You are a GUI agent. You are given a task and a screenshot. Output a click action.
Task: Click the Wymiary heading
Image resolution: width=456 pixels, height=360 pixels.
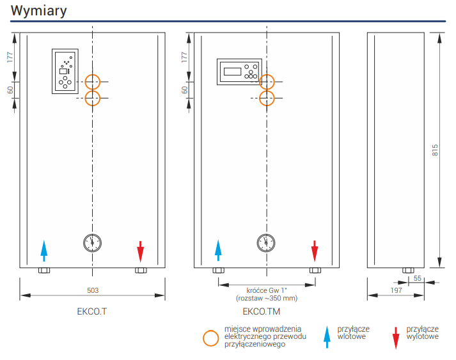[39, 11]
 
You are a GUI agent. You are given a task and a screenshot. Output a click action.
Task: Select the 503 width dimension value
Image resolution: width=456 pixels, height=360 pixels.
[93, 290]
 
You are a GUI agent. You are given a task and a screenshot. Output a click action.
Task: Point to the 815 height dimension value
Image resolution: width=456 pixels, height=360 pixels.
[435, 151]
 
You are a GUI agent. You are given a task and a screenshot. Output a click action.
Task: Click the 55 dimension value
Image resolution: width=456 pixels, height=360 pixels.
[418, 279]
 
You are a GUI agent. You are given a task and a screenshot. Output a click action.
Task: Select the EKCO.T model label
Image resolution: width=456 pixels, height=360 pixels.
[91, 312]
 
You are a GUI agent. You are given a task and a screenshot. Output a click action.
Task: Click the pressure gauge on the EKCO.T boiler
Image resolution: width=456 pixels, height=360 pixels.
[92, 243]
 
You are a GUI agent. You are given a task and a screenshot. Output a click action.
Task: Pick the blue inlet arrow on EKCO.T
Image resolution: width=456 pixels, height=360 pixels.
[43, 250]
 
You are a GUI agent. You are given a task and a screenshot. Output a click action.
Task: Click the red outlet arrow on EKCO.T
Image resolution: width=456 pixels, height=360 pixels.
[141, 250]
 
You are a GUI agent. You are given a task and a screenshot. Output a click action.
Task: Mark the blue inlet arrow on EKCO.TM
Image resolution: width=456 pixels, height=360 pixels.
[217, 250]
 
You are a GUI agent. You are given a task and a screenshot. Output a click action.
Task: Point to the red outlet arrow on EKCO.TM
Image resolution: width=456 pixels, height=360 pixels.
[314, 250]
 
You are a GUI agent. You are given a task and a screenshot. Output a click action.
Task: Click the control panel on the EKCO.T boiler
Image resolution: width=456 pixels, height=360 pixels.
[65, 71]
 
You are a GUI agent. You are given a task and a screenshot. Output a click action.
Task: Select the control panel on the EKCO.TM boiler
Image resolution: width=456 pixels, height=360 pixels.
[239, 71]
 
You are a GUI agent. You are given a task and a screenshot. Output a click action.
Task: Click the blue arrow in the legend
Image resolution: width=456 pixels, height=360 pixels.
[327, 336]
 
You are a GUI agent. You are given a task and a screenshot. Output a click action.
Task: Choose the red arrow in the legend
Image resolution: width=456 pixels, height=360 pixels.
[396, 337]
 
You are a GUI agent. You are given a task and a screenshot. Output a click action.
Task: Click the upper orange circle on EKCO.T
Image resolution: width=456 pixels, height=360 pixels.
[93, 82]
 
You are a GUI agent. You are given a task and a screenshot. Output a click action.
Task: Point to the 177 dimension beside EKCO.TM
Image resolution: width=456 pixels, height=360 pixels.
[185, 56]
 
